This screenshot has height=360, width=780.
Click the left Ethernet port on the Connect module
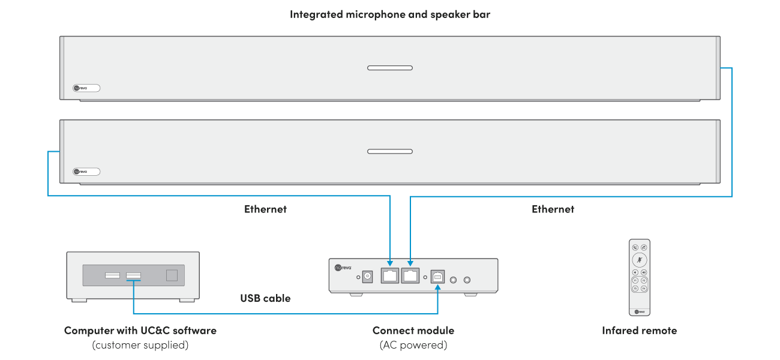(x=391, y=276)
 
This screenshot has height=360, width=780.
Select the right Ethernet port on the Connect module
(x=411, y=276)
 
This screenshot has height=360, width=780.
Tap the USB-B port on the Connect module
(x=437, y=277)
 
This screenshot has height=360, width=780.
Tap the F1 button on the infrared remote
(x=635, y=280)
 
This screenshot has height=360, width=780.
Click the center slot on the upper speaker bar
(x=390, y=68)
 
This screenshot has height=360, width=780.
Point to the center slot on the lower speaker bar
(x=390, y=151)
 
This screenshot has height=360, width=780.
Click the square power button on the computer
(x=172, y=275)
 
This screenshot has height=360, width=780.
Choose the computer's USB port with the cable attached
(x=133, y=275)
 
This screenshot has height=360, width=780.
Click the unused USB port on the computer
(x=112, y=275)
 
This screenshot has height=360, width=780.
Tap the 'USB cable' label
(x=265, y=298)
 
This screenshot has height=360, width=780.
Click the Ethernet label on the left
(x=265, y=209)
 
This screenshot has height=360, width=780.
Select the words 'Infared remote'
(x=639, y=331)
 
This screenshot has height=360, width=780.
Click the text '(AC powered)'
(x=413, y=345)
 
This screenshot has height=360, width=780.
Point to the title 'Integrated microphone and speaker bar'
(x=390, y=14)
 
